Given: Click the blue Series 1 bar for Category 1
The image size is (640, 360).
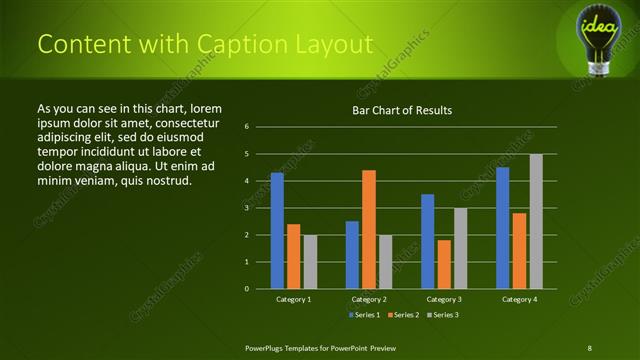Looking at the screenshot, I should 277,231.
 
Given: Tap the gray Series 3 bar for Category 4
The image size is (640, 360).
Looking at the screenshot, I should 536,221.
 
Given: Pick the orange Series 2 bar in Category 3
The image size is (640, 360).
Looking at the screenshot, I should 444,264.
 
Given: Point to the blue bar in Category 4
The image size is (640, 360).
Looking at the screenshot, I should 503,228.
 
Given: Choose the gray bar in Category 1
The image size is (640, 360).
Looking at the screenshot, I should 310,262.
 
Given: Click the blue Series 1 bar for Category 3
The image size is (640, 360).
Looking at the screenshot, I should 428,241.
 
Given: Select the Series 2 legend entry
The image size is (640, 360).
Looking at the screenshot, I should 402,315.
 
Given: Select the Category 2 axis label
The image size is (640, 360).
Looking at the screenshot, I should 369,299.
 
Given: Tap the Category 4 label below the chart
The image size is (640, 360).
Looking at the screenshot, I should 519,299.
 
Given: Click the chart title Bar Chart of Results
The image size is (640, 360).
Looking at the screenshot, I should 403,110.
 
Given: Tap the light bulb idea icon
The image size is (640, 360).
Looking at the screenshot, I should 600,36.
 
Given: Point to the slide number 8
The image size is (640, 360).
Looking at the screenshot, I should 589,347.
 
